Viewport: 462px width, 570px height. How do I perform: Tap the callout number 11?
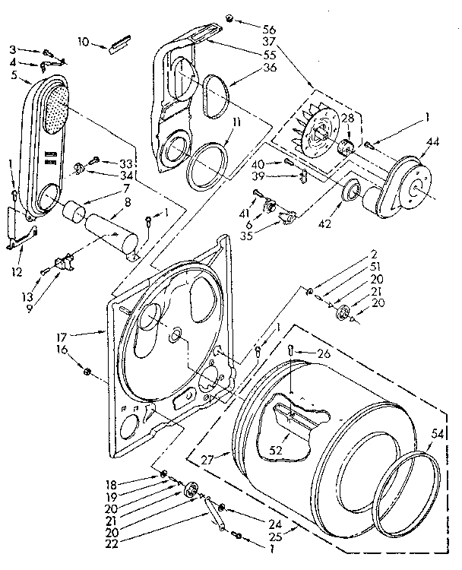238,121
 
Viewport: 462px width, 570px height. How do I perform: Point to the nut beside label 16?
87,371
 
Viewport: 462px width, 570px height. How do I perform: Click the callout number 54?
437,432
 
